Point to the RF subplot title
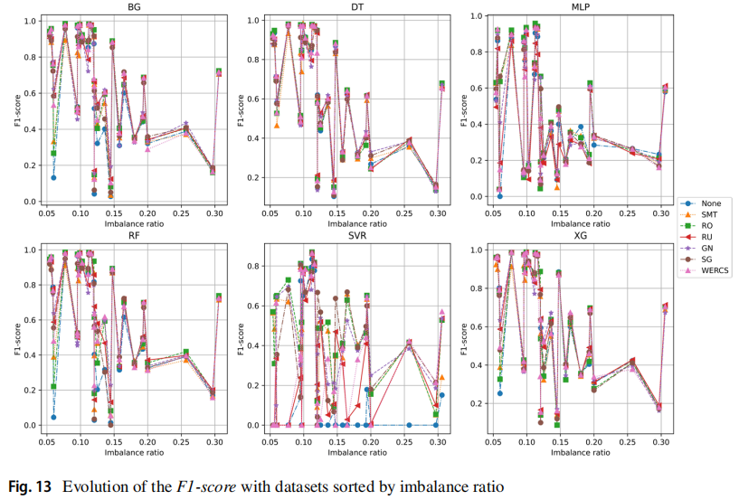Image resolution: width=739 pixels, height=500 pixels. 135,238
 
